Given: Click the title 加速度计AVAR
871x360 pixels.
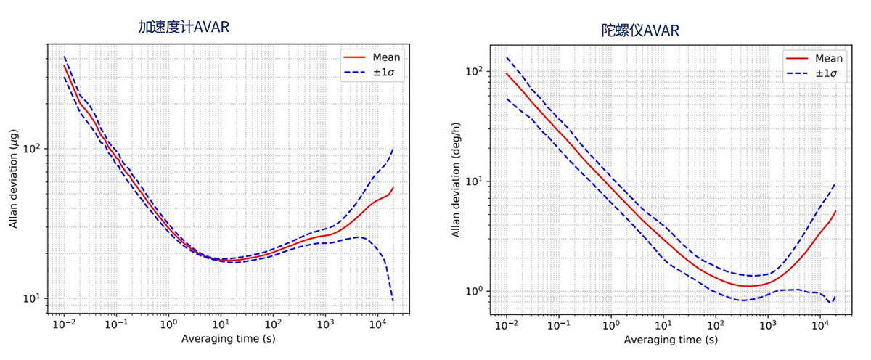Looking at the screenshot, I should click(189, 27).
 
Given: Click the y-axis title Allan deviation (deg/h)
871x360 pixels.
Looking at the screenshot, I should click(456, 182).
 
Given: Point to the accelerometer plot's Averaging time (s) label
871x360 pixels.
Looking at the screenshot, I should click(229, 338).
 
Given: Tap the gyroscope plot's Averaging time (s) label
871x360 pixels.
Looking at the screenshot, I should click(671, 339).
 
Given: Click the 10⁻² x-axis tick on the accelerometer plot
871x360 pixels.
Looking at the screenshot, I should click(64, 324).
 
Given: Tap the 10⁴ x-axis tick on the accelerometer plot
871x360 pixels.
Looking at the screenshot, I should click(377, 324).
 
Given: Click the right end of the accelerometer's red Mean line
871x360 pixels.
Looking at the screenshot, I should click(393, 188).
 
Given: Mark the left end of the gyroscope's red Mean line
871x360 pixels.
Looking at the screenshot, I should click(507, 73).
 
